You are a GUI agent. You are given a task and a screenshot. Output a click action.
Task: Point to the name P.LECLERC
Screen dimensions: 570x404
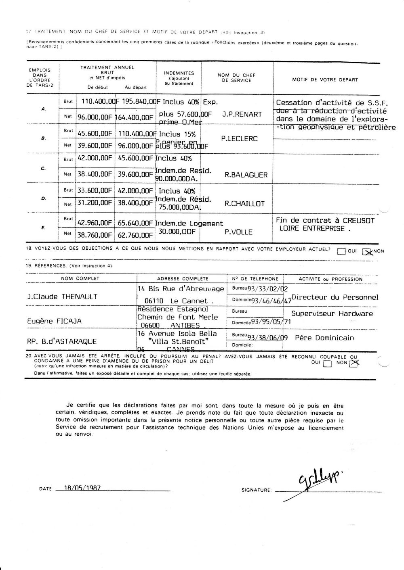(240, 139)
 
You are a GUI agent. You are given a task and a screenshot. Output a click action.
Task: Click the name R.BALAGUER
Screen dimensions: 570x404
(246, 175)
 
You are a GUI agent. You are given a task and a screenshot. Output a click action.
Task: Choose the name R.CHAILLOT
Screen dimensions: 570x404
(244, 204)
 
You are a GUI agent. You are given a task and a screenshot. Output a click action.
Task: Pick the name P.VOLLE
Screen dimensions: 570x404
(238, 232)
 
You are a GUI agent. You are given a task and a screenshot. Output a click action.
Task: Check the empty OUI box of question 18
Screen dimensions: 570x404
(341, 252)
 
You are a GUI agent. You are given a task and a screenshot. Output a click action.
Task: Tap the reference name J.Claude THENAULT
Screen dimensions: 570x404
(62, 297)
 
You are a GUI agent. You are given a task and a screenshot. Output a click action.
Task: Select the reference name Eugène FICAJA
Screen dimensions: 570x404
(54, 321)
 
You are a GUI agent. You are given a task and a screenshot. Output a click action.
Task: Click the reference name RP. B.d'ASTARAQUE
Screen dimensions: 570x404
(62, 341)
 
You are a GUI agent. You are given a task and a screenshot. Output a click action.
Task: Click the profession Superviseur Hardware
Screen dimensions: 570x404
(332, 313)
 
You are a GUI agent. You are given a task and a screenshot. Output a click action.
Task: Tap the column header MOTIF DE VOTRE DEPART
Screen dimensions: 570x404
(325, 80)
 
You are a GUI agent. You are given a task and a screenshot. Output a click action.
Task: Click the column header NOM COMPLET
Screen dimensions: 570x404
(80, 278)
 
